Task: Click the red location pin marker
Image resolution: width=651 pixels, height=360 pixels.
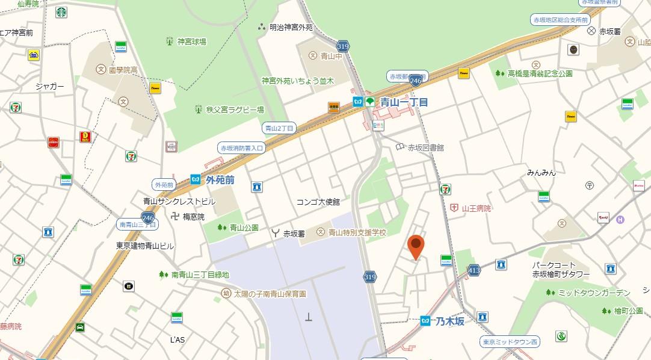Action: pos(415,246)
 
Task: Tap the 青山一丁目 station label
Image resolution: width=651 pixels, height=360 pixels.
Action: pos(403,102)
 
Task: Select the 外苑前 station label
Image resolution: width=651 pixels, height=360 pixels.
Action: pos(220,180)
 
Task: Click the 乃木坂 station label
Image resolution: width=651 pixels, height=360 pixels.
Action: pos(450,321)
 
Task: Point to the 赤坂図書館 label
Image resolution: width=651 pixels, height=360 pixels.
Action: pos(425,147)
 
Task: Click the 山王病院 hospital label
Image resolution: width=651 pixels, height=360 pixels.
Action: pos(476,208)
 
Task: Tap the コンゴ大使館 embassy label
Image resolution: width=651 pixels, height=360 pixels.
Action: pos(318,202)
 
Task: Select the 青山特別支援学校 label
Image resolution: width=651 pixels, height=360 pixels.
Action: pos(357,232)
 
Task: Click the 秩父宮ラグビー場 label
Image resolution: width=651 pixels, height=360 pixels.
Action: pos(235,110)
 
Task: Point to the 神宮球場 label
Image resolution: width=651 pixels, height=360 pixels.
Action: pos(191,42)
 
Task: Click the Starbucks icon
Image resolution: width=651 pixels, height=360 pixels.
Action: pos(61,12)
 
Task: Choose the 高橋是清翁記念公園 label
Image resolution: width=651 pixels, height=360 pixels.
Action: pos(540,73)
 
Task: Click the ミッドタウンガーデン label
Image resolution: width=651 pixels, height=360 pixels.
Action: pos(594,293)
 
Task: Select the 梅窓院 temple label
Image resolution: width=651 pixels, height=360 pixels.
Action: pos(194,216)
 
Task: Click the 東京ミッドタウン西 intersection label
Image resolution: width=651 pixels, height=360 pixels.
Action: pos(511,342)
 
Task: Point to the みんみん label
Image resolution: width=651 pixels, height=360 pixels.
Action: pos(541,173)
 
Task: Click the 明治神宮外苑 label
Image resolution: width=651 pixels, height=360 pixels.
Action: pos(291,27)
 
